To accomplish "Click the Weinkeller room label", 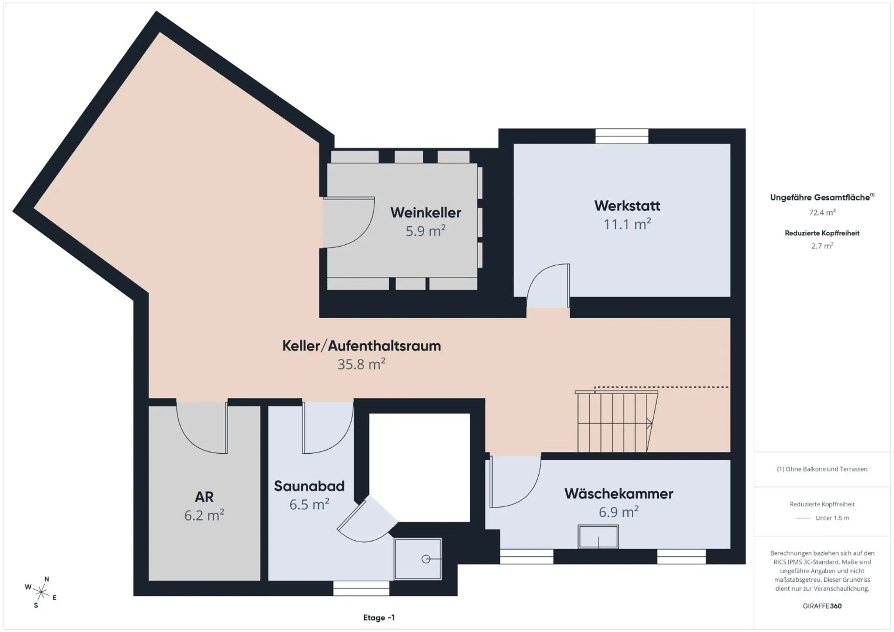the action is pyautogui.click(x=426, y=213).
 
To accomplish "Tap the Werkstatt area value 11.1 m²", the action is pyautogui.click(x=627, y=224).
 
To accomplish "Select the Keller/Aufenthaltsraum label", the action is pyautogui.click(x=361, y=346).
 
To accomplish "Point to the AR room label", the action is pyautogui.click(x=204, y=497).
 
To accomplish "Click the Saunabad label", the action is pyautogui.click(x=309, y=486).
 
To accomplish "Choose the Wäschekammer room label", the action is pyautogui.click(x=619, y=494).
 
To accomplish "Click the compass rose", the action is pyautogui.click(x=41, y=592).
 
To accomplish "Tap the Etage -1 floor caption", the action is pyautogui.click(x=379, y=618).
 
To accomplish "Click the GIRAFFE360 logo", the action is pyautogui.click(x=822, y=606).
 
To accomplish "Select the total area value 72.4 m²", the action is pyautogui.click(x=822, y=212).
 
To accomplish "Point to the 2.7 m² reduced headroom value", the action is pyautogui.click(x=822, y=246).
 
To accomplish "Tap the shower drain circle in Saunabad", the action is pyautogui.click(x=426, y=559).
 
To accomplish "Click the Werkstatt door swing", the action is pyautogui.click(x=548, y=285).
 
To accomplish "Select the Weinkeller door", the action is pyautogui.click(x=349, y=222).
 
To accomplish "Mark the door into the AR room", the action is pyautogui.click(x=202, y=427).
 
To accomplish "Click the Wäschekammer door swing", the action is pyautogui.click(x=515, y=481).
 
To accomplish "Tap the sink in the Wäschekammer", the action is pyautogui.click(x=598, y=537).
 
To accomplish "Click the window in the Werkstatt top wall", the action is pyautogui.click(x=622, y=136).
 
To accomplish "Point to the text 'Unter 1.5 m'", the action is pyautogui.click(x=832, y=518).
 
